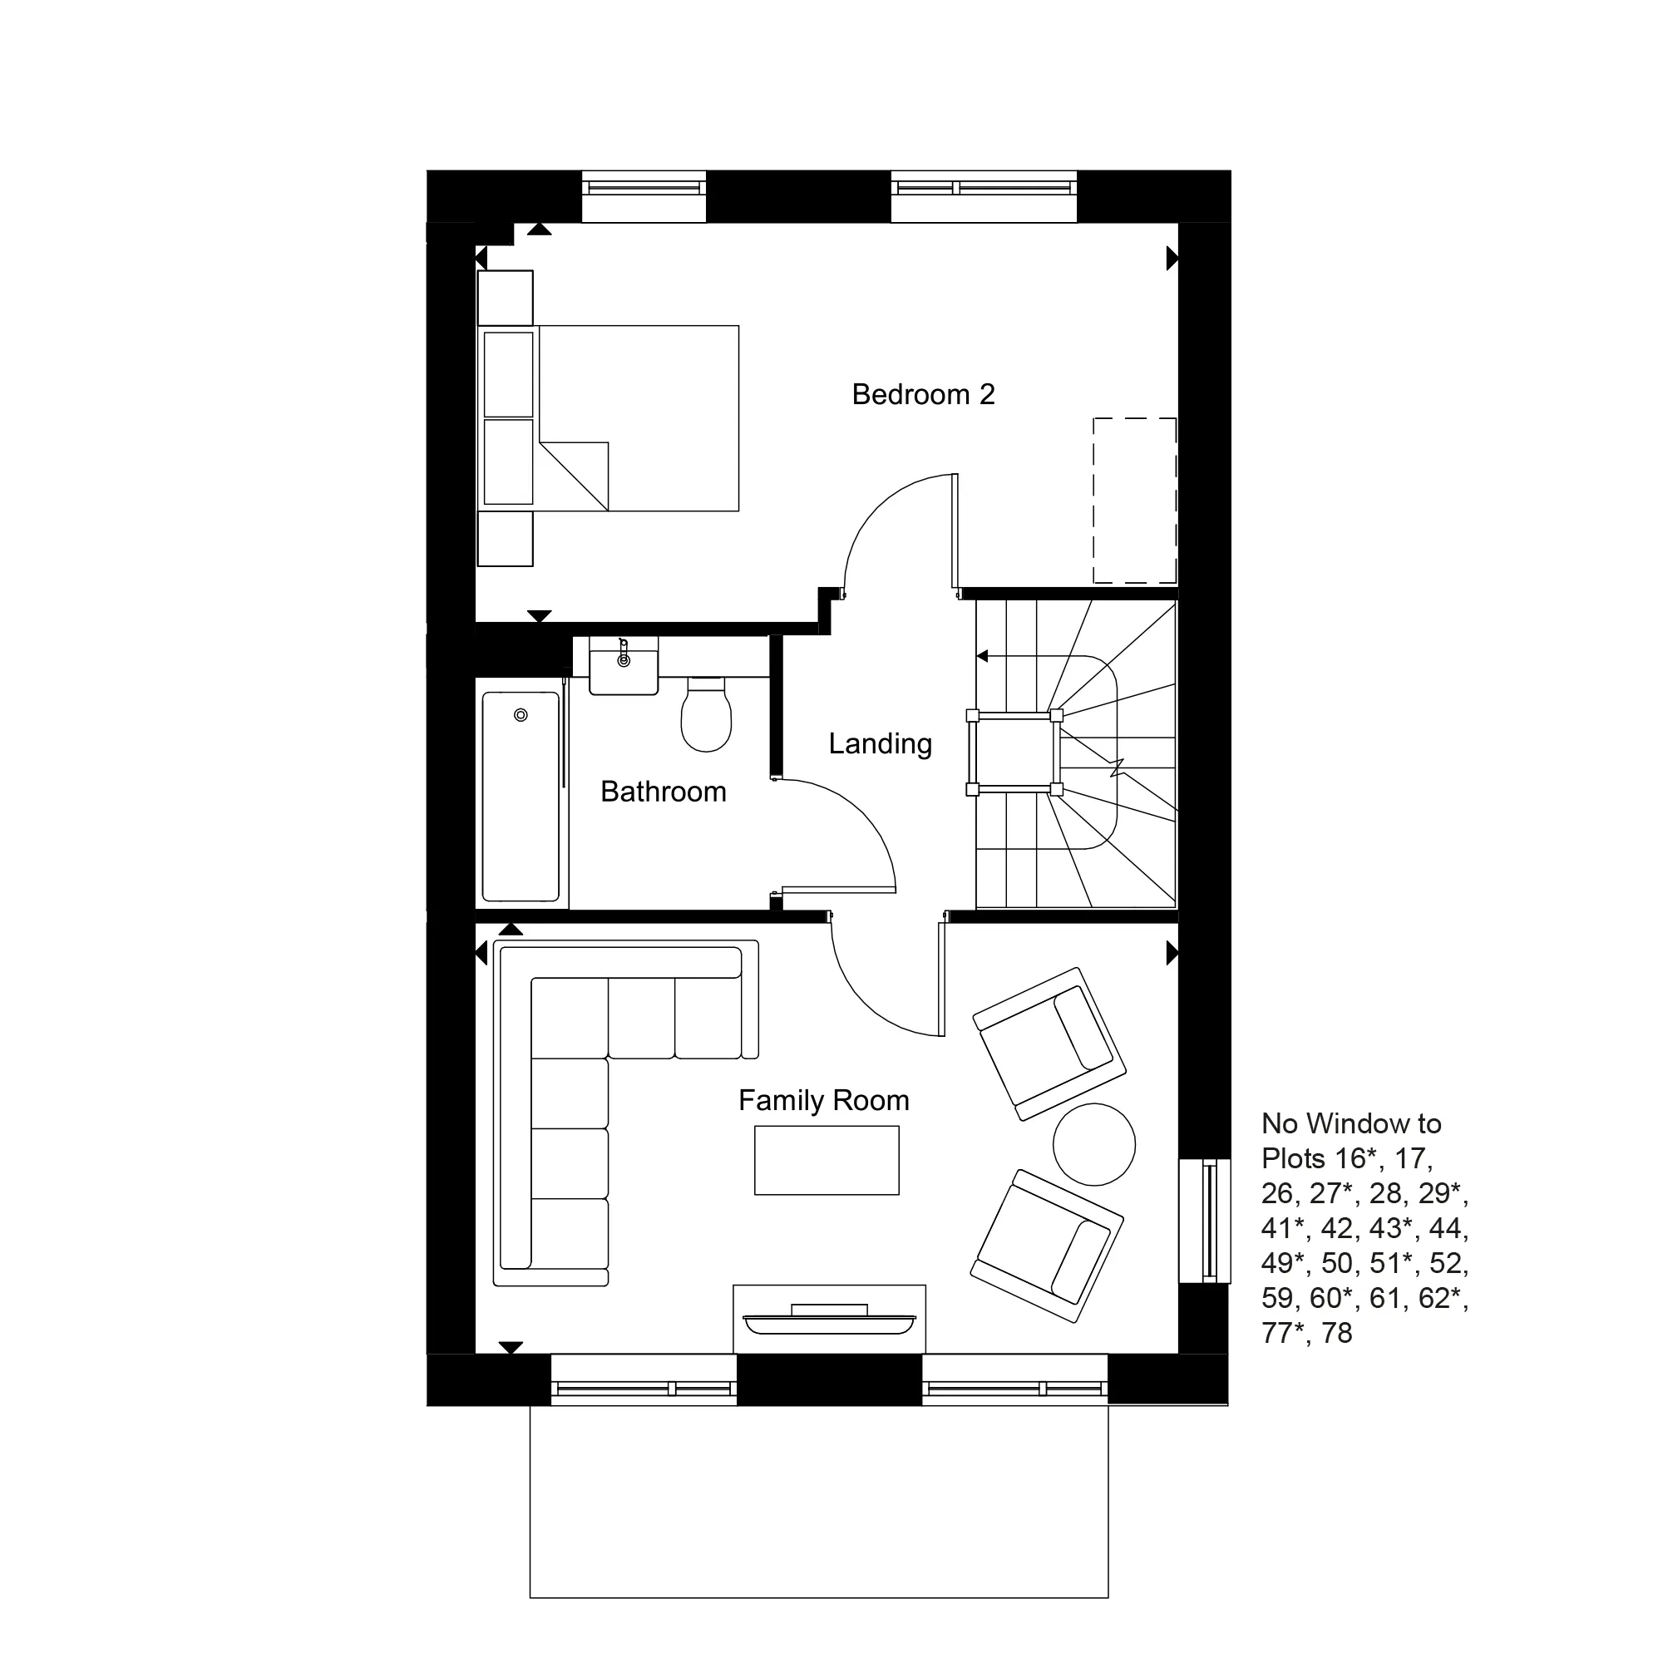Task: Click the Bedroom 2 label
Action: click(923, 394)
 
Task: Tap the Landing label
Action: click(880, 743)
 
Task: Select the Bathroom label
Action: click(663, 792)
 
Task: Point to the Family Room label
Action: click(824, 1100)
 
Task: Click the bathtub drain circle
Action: click(521, 715)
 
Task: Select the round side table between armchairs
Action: click(1094, 1145)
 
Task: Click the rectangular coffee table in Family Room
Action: click(827, 1160)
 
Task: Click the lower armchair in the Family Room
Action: click(1047, 1245)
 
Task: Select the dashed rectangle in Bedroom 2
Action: click(1134, 501)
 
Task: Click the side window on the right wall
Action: click(1206, 1221)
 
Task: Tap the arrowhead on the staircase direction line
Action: click(982, 657)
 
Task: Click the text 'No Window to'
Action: click(1350, 1124)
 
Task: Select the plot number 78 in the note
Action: click(1337, 1334)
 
